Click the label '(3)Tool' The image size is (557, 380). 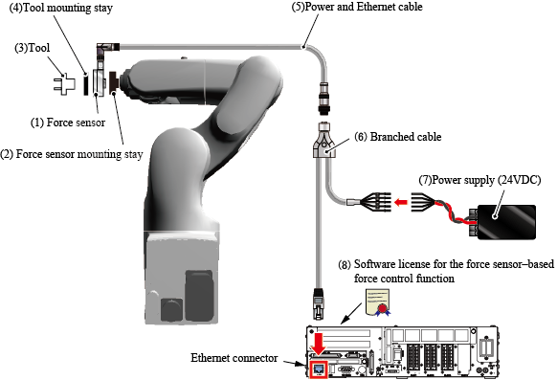(x=32, y=48)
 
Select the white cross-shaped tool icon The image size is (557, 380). (x=64, y=84)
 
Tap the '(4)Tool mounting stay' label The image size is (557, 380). (x=60, y=8)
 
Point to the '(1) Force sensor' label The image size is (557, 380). (x=68, y=123)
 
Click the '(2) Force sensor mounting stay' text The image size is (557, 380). (x=72, y=154)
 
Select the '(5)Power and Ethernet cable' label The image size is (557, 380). (x=357, y=7)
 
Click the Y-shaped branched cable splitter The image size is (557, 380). (x=323, y=141)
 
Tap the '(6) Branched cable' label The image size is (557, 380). (x=398, y=137)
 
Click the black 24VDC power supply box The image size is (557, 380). (x=506, y=222)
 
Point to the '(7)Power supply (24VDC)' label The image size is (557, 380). (x=479, y=180)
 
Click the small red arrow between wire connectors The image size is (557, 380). (x=401, y=202)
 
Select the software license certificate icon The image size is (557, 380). (x=378, y=302)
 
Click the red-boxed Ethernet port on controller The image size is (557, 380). (x=319, y=369)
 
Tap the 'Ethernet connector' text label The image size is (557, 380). (x=234, y=358)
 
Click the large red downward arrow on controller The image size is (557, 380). (x=319, y=344)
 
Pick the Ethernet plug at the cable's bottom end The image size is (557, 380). (x=319, y=303)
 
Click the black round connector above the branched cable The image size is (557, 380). (x=324, y=99)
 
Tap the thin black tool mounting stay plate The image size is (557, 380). (x=85, y=84)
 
